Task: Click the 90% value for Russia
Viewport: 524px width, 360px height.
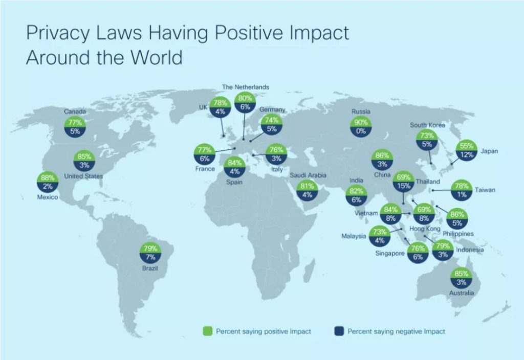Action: pyautogui.click(x=361, y=122)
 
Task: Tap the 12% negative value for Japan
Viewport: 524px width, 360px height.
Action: pyautogui.click(x=467, y=154)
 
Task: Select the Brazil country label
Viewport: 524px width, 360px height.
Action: pyautogui.click(x=150, y=268)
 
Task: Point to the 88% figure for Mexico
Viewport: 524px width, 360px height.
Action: pyautogui.click(x=48, y=177)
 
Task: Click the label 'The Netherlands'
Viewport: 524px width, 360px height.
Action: pyautogui.click(x=246, y=87)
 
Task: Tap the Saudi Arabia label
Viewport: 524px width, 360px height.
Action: pyautogui.click(x=308, y=175)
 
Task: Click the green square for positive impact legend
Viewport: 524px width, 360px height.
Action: pyautogui.click(x=208, y=331)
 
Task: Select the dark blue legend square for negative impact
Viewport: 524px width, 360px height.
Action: pyautogui.click(x=339, y=331)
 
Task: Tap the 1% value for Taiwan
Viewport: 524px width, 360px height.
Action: pyautogui.click(x=462, y=194)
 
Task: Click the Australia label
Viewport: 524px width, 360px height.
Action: pyautogui.click(x=462, y=293)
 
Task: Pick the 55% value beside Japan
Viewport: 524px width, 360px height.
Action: pyautogui.click(x=467, y=146)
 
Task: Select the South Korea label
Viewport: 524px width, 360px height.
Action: pyautogui.click(x=427, y=125)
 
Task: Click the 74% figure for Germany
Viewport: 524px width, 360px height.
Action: pyautogui.click(x=272, y=120)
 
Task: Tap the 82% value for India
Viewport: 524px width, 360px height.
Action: pyautogui.click(x=356, y=191)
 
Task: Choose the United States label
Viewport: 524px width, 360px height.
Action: pyautogui.click(x=83, y=176)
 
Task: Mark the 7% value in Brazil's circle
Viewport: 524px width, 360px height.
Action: pyautogui.click(x=150, y=257)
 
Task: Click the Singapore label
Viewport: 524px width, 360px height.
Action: pyautogui.click(x=389, y=254)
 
